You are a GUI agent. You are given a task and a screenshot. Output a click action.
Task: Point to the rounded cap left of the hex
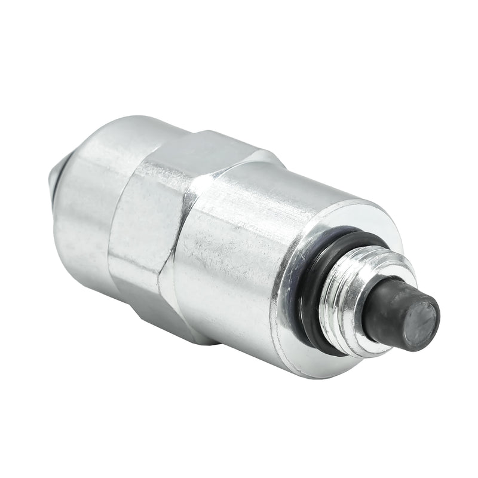tap(84, 197)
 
